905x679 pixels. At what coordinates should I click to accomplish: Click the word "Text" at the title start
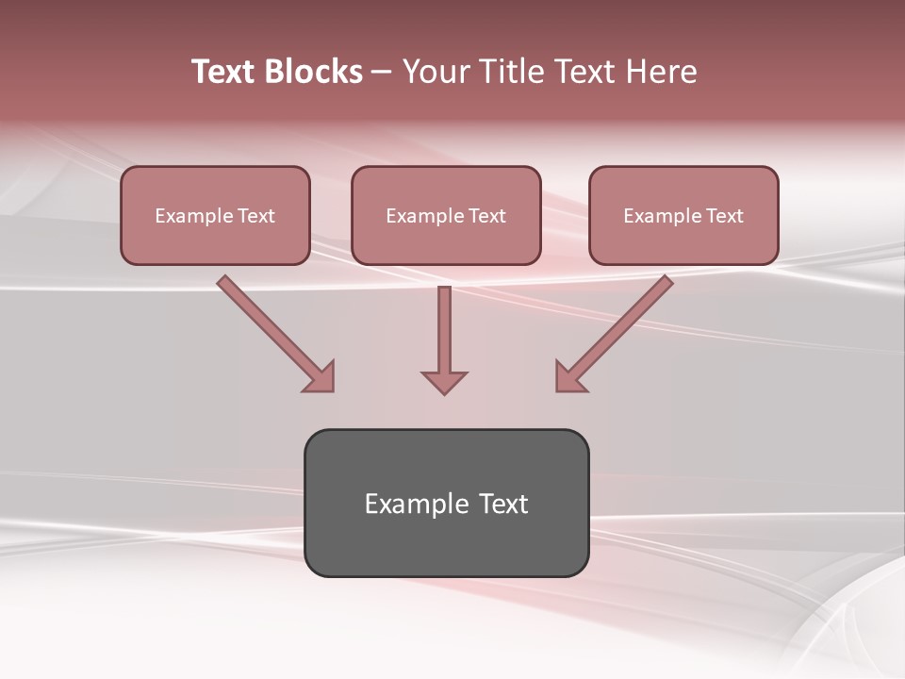pyautogui.click(x=222, y=72)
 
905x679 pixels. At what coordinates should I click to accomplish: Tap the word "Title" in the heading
pyautogui.click(x=518, y=72)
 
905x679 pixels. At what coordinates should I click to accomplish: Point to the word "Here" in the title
pyautogui.click(x=664, y=72)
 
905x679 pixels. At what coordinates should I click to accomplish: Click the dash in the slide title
pyautogui.click(x=382, y=73)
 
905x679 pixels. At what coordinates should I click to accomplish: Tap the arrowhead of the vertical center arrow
pyautogui.click(x=444, y=382)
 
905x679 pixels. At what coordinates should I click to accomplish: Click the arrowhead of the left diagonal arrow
pyautogui.click(x=320, y=377)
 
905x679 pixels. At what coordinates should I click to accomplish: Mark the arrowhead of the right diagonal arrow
pyautogui.click(x=569, y=377)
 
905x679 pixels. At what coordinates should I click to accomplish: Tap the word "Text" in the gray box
pyautogui.click(x=503, y=504)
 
